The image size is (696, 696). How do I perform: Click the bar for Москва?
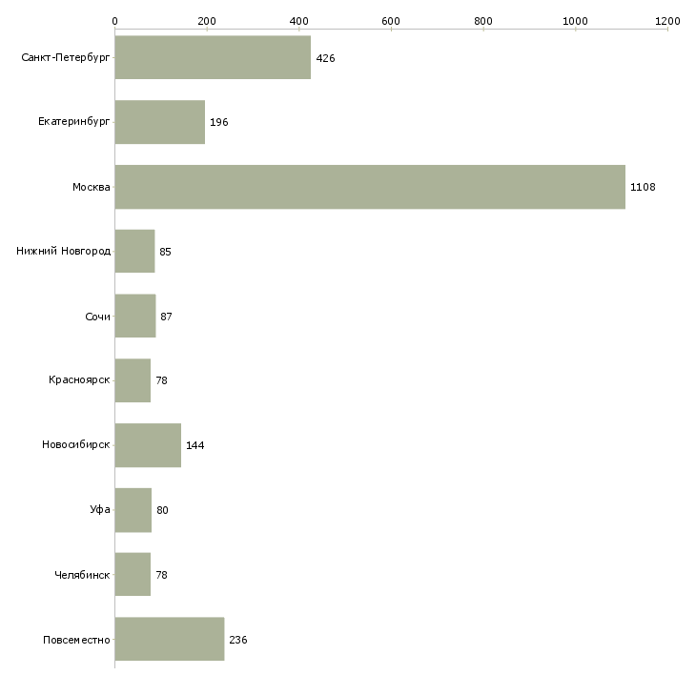pyautogui.click(x=370, y=187)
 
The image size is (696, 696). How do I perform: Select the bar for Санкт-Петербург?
pyautogui.click(x=213, y=57)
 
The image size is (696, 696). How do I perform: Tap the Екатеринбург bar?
pyautogui.click(x=160, y=122)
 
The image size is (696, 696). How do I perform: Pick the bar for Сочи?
pyautogui.click(x=135, y=316)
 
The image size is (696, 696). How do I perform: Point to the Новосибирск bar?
pyautogui.click(x=148, y=445)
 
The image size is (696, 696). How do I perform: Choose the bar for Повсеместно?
pyautogui.click(x=170, y=639)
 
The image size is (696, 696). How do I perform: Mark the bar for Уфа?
pyautogui.click(x=133, y=510)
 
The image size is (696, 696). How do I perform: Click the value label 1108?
pyautogui.click(x=643, y=187)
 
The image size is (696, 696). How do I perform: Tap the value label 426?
pyautogui.click(x=325, y=58)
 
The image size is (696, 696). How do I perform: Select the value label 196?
pyautogui.click(x=219, y=122)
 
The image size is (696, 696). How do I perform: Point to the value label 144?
pyautogui.click(x=194, y=445)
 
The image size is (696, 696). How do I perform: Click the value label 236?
pyautogui.click(x=238, y=640)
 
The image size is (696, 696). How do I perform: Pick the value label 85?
pyautogui.click(x=165, y=252)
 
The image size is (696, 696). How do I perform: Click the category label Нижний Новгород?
pyautogui.click(x=64, y=252)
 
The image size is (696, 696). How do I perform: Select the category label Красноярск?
pyautogui.click(x=79, y=380)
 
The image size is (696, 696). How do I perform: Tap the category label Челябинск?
pyautogui.click(x=82, y=575)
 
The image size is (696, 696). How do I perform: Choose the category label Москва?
pyautogui.click(x=92, y=187)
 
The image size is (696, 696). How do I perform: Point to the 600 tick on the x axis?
pyautogui.click(x=391, y=29)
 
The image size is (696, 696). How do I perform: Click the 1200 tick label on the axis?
pyautogui.click(x=667, y=21)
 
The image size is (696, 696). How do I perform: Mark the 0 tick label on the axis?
pyautogui.click(x=115, y=21)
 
